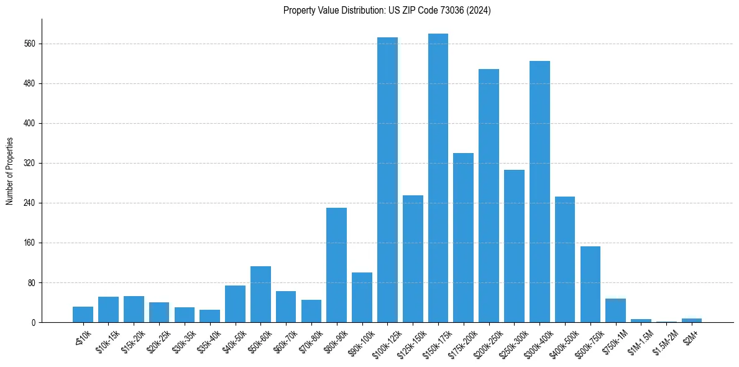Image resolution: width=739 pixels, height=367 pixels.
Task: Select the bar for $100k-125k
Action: point(387,180)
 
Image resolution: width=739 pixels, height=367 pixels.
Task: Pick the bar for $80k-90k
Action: point(337,265)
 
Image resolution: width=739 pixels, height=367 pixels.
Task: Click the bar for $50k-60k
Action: point(260,294)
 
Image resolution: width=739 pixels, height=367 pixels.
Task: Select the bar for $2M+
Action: point(692,320)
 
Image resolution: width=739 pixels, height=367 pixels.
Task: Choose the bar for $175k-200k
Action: point(464,238)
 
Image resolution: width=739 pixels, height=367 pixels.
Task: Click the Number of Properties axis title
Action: point(10,171)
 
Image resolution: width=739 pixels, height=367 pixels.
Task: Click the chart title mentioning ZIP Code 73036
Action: point(387,11)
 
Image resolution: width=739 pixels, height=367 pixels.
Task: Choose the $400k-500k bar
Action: point(565,259)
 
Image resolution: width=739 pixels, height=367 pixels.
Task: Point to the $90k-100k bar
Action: point(362,297)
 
